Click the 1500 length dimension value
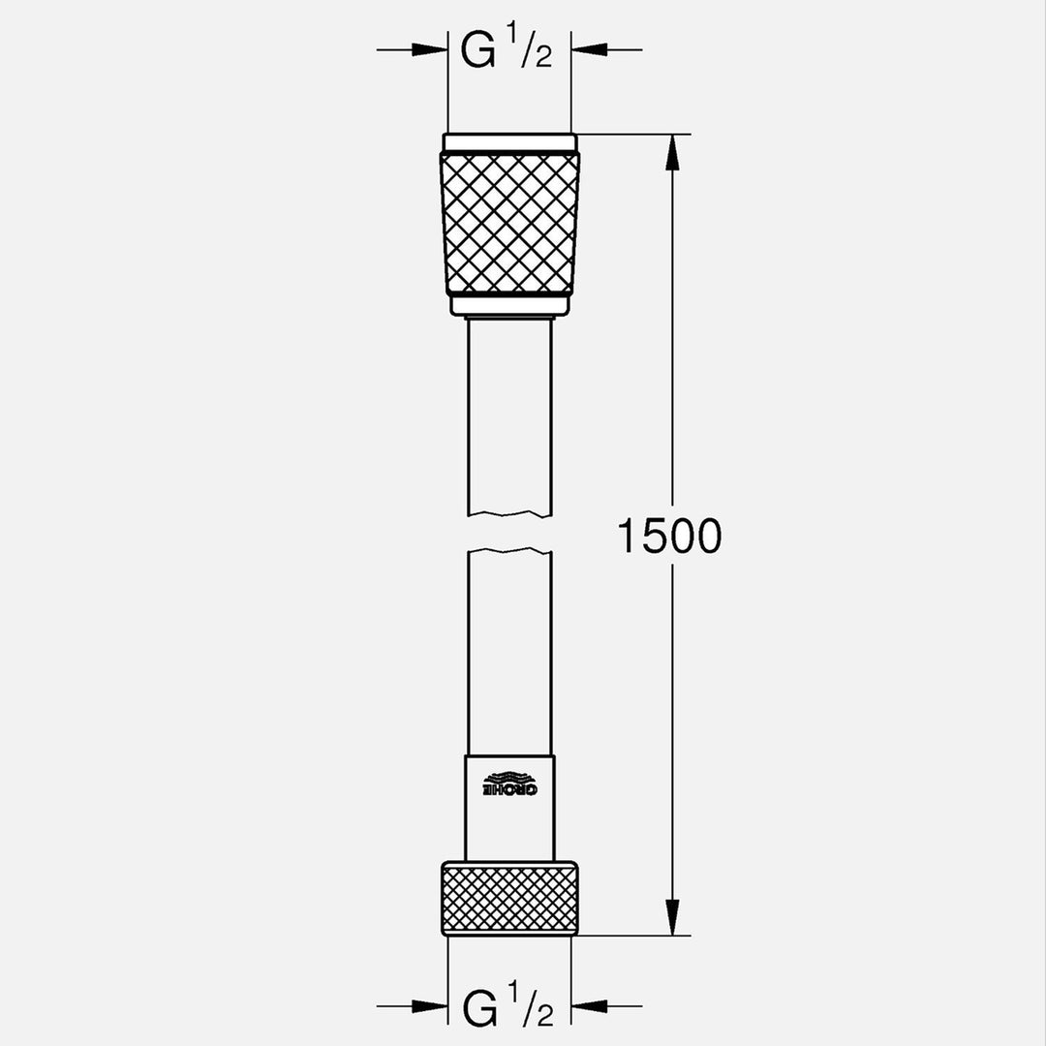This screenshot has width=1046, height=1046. pos(669,536)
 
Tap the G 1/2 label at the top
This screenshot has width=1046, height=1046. pos(506,50)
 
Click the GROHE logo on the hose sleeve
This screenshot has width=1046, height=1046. pos(509,784)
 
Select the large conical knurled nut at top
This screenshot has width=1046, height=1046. pos(509,223)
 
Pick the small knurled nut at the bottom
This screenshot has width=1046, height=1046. pos(509,899)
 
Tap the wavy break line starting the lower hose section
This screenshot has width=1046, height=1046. pos(509,552)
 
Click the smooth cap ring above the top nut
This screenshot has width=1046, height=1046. pos(509,142)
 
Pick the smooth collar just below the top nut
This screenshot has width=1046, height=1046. pos(509,306)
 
